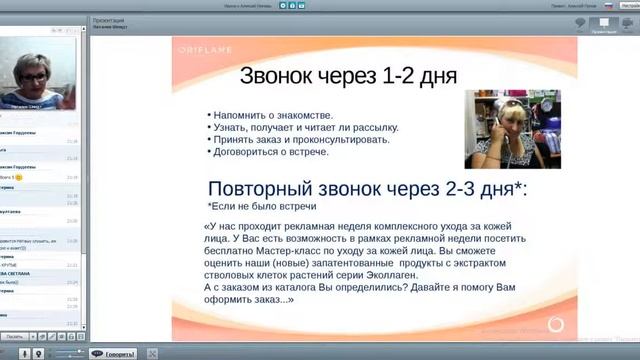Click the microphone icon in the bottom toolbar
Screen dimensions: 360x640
(37, 352)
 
